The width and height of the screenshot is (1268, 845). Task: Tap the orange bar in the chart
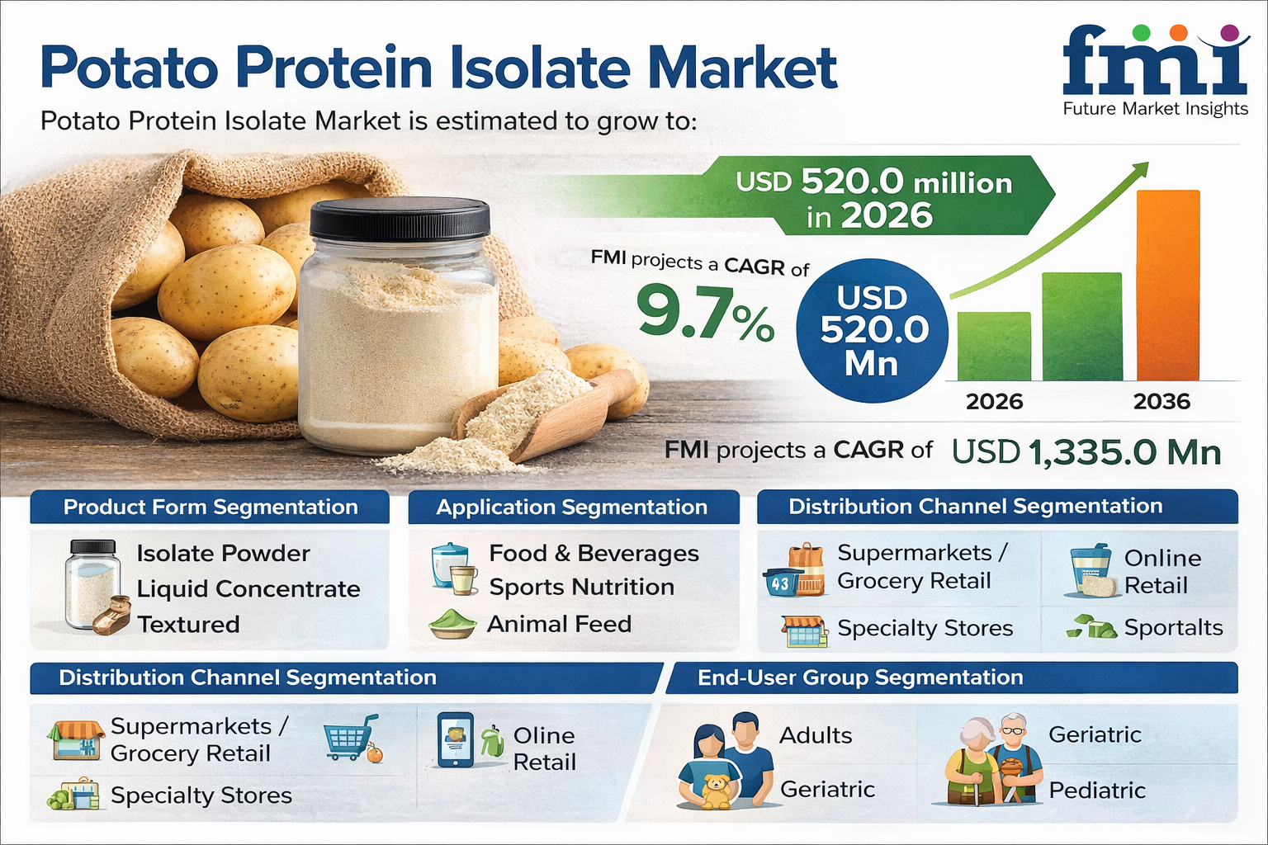tap(1168, 285)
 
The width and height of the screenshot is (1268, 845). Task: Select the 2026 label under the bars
tap(994, 402)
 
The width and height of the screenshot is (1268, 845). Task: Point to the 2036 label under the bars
tap(1162, 402)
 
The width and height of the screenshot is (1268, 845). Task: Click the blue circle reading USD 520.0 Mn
tap(872, 331)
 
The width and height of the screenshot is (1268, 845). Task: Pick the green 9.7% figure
tap(705, 313)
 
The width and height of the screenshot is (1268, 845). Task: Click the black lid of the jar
tap(400, 217)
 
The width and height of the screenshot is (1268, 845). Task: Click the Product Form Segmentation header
tap(210, 507)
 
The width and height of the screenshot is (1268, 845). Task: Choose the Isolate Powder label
tap(223, 554)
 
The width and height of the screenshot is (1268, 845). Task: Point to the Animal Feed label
tap(559, 624)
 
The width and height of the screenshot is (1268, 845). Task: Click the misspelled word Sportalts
tap(1173, 628)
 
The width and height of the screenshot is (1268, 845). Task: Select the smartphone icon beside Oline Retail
tap(456, 739)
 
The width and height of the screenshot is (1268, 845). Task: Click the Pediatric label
tap(1097, 790)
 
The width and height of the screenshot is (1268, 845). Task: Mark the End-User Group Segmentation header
tap(860, 677)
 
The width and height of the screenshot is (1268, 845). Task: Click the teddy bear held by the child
tap(717, 791)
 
